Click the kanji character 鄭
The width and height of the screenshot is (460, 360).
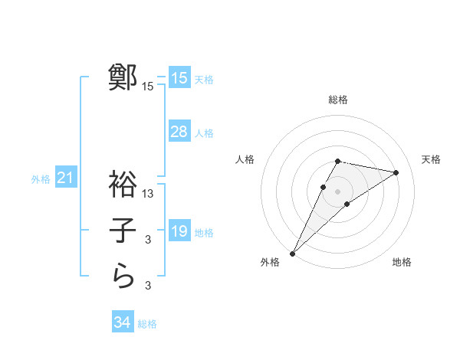pyautogui.click(x=123, y=77)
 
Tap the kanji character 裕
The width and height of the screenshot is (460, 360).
pyautogui.click(x=123, y=184)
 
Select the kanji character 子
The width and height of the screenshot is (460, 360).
pyautogui.click(x=123, y=231)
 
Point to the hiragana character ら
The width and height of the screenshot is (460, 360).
pyautogui.click(x=123, y=275)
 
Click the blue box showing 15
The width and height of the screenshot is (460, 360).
pyautogui.click(x=179, y=78)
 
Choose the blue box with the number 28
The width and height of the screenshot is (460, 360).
pyautogui.click(x=179, y=132)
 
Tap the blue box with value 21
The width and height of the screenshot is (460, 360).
pyautogui.click(x=65, y=178)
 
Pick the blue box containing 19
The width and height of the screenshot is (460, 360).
pyautogui.click(x=179, y=231)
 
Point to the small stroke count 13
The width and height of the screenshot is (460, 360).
pyautogui.click(x=148, y=194)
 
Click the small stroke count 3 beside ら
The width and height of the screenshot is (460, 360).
pyautogui.click(x=148, y=286)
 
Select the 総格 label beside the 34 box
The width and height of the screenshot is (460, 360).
pyautogui.click(x=147, y=324)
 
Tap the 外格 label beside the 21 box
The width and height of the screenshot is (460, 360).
pyautogui.click(x=41, y=179)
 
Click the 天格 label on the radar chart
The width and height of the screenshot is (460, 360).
pyautogui.click(x=432, y=159)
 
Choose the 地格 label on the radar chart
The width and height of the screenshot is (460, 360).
pyautogui.click(x=402, y=263)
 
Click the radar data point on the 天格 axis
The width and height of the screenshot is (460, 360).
pyautogui.click(x=396, y=172)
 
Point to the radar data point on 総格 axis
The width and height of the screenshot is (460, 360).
pyautogui.click(x=337, y=161)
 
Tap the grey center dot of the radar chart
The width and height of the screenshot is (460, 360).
pyautogui.click(x=337, y=191)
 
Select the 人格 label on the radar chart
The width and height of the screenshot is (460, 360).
pyautogui.click(x=245, y=159)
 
